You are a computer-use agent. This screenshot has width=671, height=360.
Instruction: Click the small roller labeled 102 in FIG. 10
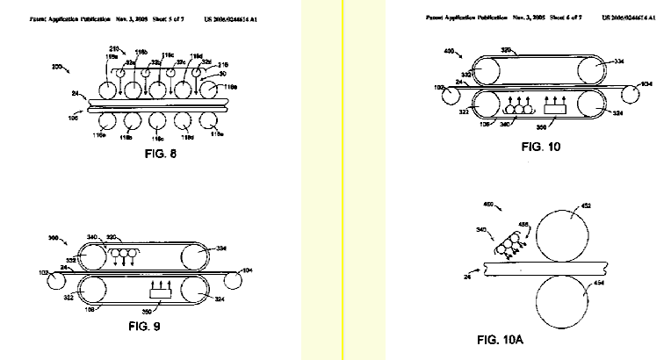tap(450, 93)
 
